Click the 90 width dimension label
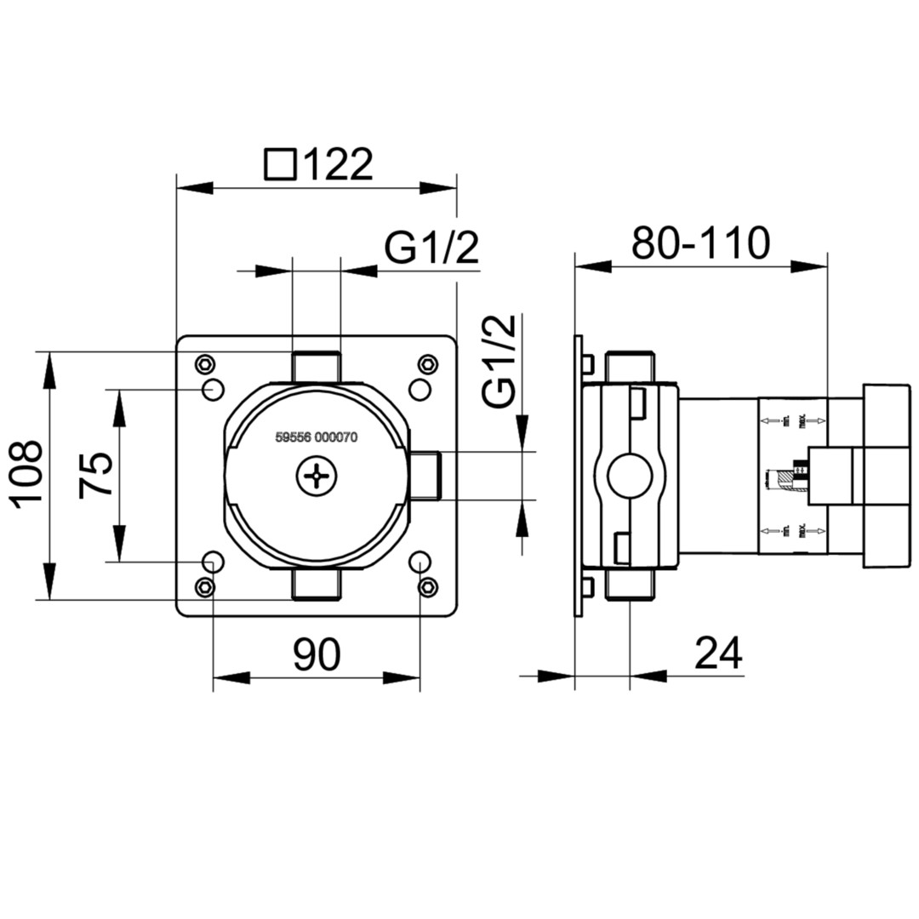coord(317,654)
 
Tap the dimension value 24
coord(718,654)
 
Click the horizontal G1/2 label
coord(431,248)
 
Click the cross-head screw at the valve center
coord(317,477)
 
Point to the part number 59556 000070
coord(317,437)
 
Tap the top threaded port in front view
coord(316,368)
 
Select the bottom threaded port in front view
coord(316,585)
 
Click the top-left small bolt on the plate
coord(204,365)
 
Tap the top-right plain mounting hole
coord(420,390)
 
